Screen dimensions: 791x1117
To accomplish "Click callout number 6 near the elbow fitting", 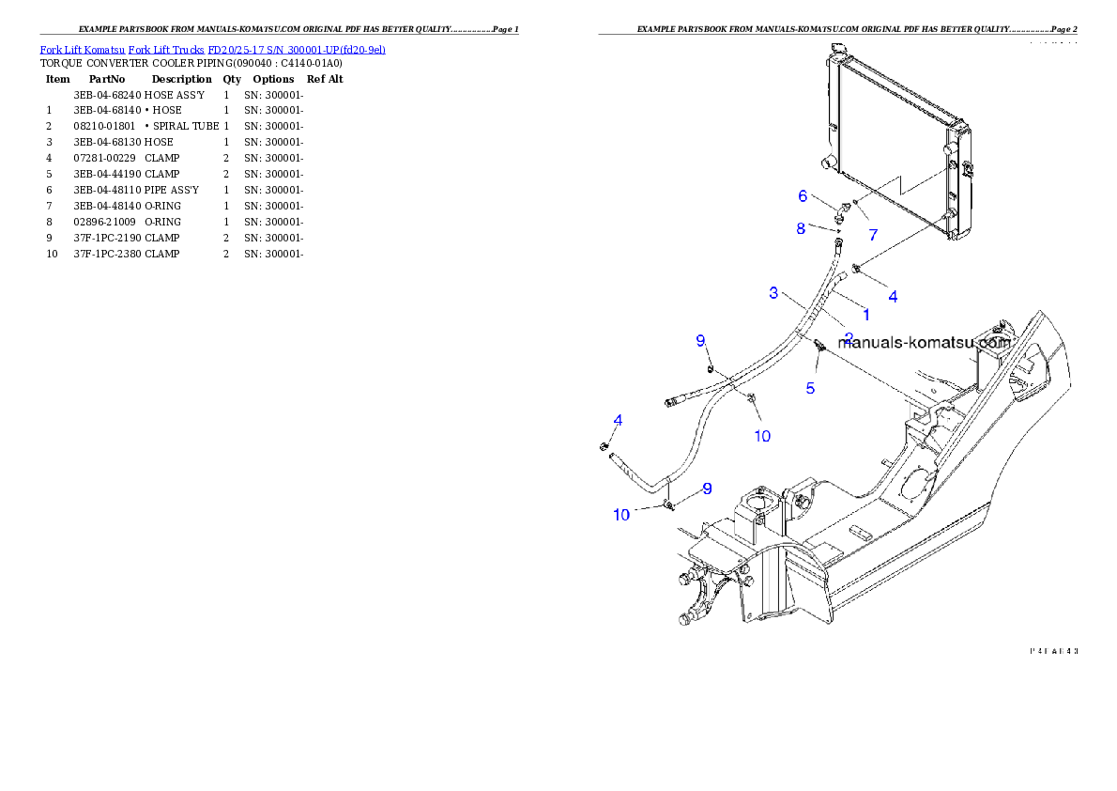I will tap(803, 195).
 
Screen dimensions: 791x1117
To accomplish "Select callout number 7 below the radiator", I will tap(873, 235).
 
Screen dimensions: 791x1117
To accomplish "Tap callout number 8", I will tap(801, 227).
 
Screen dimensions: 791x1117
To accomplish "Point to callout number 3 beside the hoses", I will tap(773, 293).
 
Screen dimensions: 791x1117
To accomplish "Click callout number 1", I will tap(865, 315).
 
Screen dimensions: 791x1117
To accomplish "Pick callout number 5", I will tap(810, 386).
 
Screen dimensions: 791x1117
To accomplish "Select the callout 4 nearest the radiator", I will tap(893, 296).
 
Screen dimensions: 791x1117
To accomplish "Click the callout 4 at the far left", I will tap(618, 419).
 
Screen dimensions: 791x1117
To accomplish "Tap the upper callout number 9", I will tap(700, 340).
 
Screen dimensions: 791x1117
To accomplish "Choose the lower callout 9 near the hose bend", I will tap(707, 489).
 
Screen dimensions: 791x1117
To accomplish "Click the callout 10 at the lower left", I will tap(621, 515).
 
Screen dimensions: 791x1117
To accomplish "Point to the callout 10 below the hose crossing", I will tap(762, 436).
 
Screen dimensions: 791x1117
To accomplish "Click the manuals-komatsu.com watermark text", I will tap(924, 343).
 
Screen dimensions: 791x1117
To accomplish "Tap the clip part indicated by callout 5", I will tap(820, 346).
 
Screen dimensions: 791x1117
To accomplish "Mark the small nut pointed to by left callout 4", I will tap(605, 445).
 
